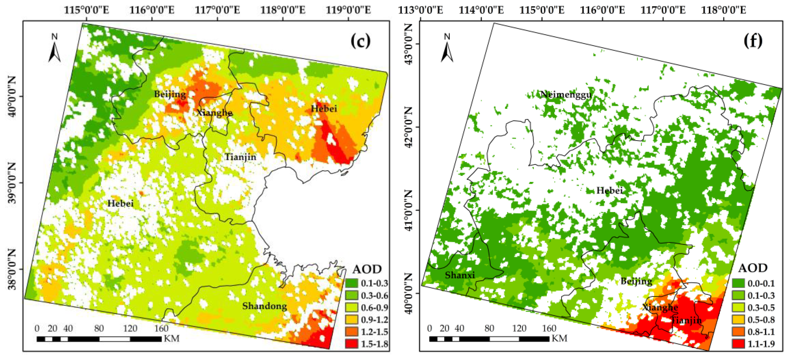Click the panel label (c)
360,41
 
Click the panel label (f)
753,41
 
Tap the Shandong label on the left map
265,306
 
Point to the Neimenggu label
566,94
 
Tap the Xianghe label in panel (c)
214,112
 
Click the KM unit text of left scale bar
172,339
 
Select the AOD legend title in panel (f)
753,268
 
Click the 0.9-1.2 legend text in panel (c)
374,320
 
